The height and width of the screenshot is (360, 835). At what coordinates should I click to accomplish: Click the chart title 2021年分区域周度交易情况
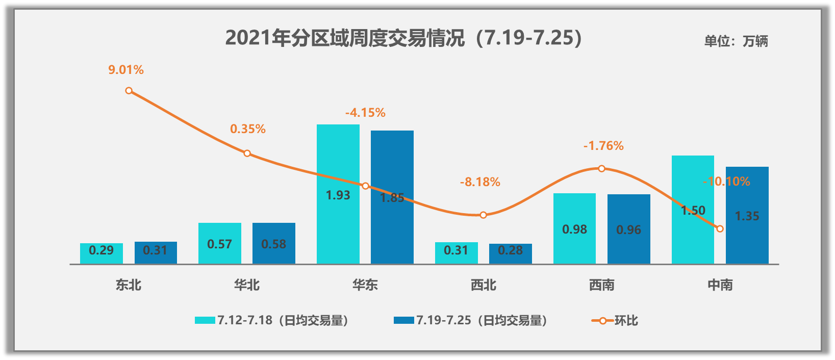point(403,38)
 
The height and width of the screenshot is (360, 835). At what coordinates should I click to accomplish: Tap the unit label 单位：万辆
point(736,41)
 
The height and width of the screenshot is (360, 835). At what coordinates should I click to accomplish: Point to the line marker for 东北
point(129,91)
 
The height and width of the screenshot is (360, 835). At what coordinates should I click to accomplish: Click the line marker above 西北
point(483,215)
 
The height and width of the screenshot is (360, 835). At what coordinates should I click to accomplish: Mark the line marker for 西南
point(601,168)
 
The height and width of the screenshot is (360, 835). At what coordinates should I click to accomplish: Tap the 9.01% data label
point(126,70)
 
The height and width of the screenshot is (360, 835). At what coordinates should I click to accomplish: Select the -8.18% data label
point(480,182)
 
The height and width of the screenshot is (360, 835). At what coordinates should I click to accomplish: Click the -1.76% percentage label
point(603,146)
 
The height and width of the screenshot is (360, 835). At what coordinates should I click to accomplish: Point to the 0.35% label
point(248,129)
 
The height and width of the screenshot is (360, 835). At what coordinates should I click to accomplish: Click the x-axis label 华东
point(365,285)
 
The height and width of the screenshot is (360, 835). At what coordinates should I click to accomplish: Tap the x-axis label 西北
point(484,285)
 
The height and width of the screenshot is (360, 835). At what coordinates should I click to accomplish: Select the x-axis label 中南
point(720,285)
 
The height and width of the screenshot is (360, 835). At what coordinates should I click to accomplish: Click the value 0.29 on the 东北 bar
point(101,250)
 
